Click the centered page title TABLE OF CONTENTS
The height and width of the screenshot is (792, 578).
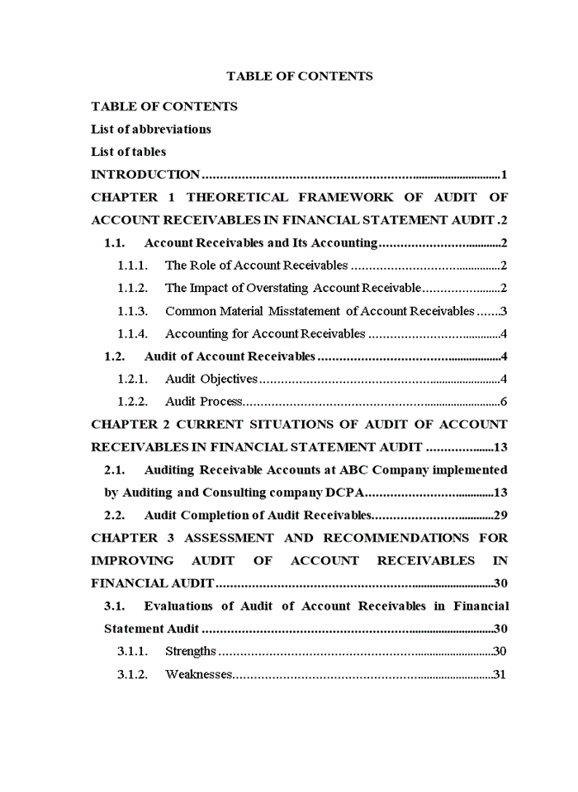tap(299, 76)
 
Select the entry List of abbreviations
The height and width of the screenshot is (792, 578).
tap(150, 130)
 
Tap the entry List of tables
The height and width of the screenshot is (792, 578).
tap(128, 152)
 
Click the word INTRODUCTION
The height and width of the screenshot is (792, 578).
tap(145, 175)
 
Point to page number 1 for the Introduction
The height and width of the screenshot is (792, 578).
tap(503, 175)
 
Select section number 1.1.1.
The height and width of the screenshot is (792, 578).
tap(132, 266)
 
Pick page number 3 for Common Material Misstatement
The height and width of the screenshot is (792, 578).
tap(503, 311)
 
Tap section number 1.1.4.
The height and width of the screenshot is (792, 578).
tap(132, 334)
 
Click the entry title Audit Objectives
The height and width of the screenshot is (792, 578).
tap(211, 379)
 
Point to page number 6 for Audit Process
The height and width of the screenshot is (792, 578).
tap(503, 402)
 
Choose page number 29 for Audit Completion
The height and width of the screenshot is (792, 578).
tap(500, 516)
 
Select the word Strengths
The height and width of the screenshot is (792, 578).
tap(191, 651)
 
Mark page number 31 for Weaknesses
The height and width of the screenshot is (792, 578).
tap(499, 674)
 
